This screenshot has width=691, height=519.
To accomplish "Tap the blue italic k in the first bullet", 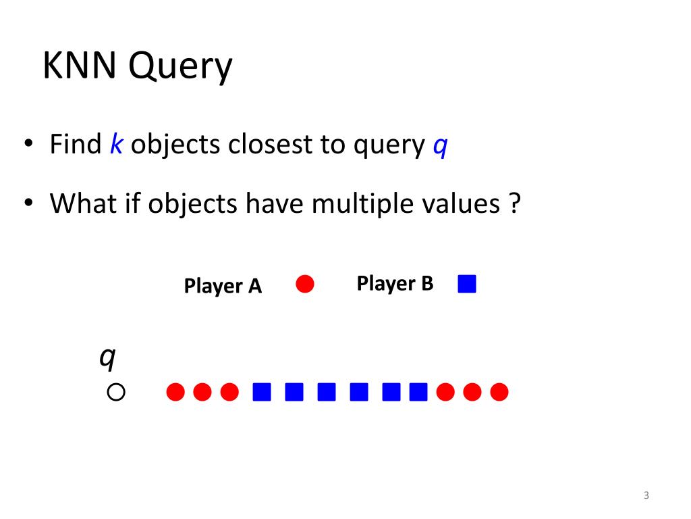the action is [115, 145].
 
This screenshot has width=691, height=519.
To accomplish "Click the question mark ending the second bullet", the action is [516, 203].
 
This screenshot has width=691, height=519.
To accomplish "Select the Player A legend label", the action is [223, 287].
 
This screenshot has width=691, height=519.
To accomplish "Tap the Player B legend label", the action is [395, 283].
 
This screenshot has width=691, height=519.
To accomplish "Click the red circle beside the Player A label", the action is [305, 285].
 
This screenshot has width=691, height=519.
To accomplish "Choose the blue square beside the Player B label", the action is [467, 284].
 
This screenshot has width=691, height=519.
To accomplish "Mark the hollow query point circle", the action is [116, 392].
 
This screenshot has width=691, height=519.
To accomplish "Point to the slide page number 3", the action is [646, 496].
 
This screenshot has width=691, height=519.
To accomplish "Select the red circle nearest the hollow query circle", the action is [175, 392].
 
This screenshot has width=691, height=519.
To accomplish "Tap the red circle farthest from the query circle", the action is [499, 392].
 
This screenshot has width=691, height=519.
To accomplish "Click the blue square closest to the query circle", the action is [261, 392].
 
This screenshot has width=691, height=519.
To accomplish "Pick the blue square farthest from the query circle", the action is [418, 392].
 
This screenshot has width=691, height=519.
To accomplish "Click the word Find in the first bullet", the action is [75, 145].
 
